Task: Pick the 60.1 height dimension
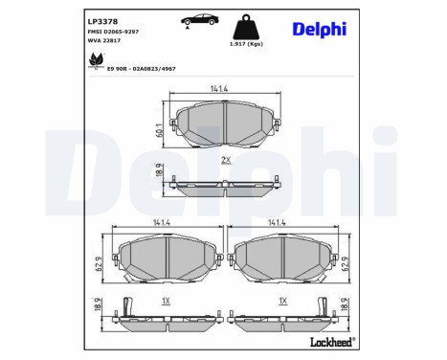point(158,124)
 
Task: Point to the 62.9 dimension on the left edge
point(98,259)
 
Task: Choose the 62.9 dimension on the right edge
point(347,259)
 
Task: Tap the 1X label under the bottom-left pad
point(166,300)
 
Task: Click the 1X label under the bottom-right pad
point(281,300)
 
